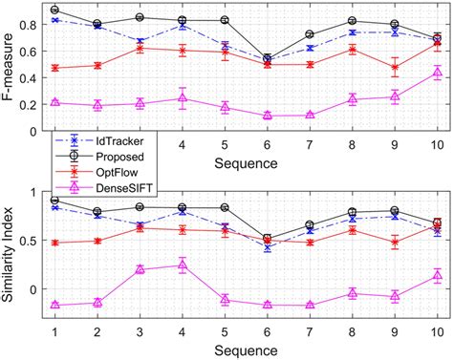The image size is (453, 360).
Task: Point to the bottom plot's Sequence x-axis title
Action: click(x=247, y=349)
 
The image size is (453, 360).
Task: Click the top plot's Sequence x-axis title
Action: click(x=247, y=163)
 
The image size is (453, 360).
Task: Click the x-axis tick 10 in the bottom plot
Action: click(x=438, y=330)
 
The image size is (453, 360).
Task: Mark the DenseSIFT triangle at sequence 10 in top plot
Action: click(x=438, y=73)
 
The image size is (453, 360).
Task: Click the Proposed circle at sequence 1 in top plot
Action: click(x=54, y=10)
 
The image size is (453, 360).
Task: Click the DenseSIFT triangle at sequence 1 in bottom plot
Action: click(x=54, y=305)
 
